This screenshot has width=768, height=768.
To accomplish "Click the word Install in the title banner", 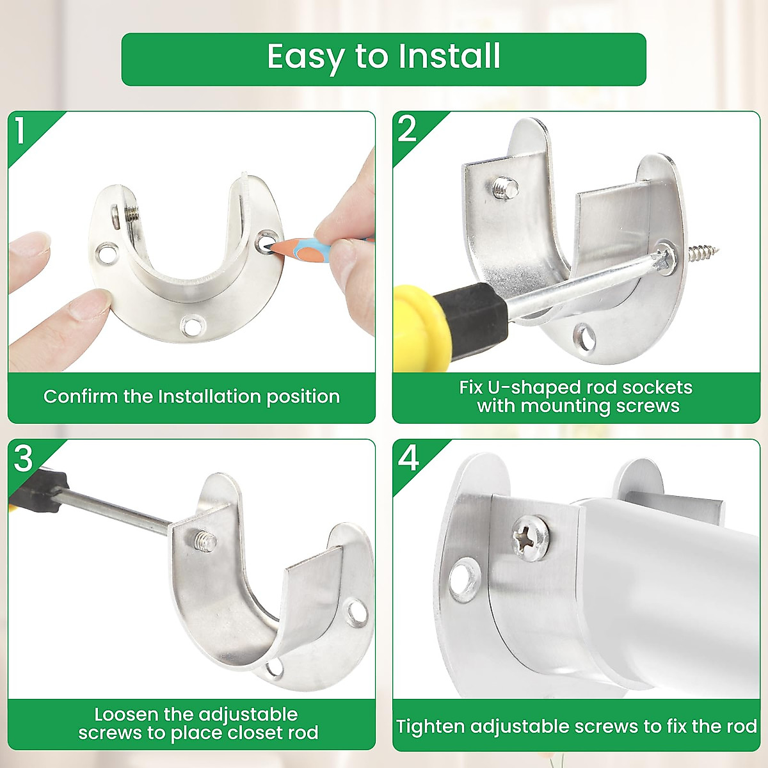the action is coord(449,56).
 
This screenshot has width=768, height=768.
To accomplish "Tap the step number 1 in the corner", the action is coord(20,130).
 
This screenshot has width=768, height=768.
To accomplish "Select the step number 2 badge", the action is coord(406,129).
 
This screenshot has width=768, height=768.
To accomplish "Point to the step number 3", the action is coord(23,459).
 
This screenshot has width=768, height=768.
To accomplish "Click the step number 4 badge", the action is coord(408,458).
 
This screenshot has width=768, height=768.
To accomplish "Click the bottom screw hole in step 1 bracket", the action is coord(192,326).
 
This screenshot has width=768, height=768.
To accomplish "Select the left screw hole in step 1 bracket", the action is coord(107,253).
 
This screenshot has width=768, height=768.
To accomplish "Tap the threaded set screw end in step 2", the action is coord(504,188).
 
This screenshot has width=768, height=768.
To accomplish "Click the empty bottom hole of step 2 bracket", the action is coord(585,337).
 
